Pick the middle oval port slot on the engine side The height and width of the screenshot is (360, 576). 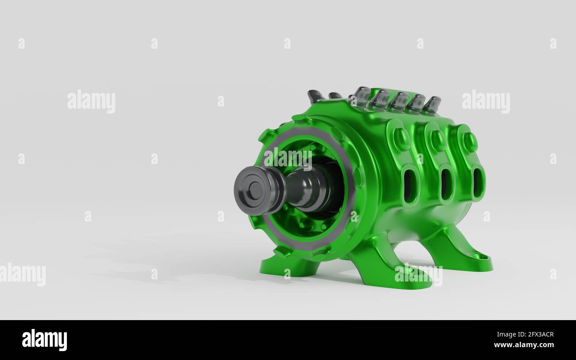tap(446, 184)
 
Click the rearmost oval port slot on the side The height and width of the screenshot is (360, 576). tap(478, 183)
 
